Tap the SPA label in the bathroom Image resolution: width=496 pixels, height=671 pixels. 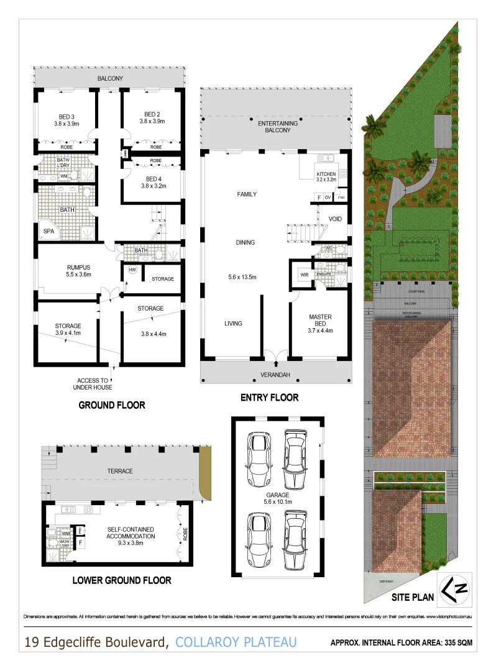pyautogui.click(x=48, y=231)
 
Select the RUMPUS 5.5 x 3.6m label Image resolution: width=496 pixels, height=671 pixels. pyautogui.click(x=80, y=270)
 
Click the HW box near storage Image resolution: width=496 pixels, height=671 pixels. pyautogui.click(x=132, y=270)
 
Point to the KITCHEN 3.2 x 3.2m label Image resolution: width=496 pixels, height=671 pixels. pyautogui.click(x=326, y=176)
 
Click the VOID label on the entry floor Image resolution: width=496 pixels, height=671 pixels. pyautogui.click(x=336, y=219)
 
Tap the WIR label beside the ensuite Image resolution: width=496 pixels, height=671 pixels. pyautogui.click(x=305, y=274)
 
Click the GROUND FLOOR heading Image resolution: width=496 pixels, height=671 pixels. pyautogui.click(x=112, y=405)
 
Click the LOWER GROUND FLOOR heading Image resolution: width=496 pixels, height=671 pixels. pyautogui.click(x=122, y=580)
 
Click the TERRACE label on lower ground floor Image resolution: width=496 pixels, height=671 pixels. pyautogui.click(x=119, y=471)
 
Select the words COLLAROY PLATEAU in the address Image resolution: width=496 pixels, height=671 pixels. pyautogui.click(x=236, y=642)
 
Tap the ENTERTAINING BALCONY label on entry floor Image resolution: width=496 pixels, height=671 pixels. pyautogui.click(x=278, y=127)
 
